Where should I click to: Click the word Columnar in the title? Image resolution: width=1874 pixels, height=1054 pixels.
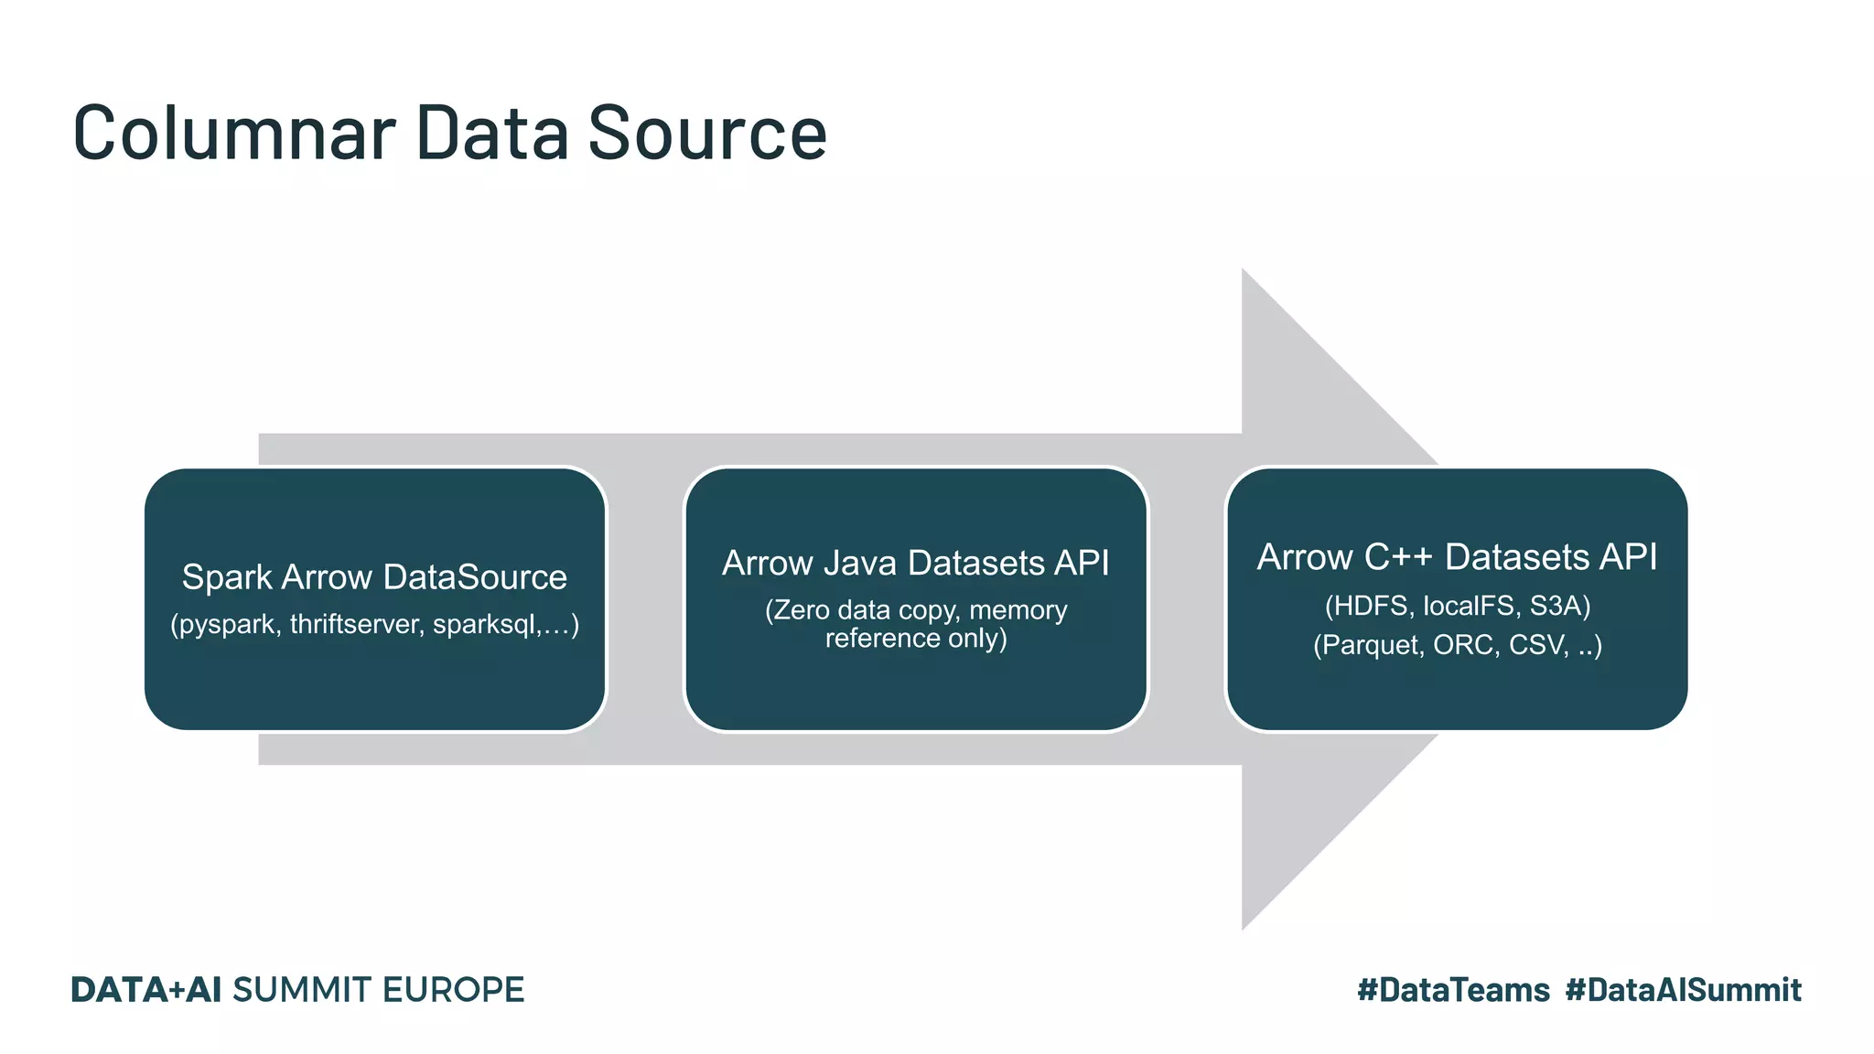point(234,134)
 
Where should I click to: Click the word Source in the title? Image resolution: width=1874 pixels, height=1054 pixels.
point(706,134)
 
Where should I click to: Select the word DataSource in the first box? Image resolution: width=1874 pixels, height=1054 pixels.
point(475,577)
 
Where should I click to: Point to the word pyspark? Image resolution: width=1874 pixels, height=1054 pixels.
point(228,625)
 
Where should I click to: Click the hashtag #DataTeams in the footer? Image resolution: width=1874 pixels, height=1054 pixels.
point(1453,990)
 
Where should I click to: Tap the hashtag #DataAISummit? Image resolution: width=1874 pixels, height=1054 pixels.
point(1683,990)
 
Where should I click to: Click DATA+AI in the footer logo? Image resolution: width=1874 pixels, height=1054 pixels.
point(146,990)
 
